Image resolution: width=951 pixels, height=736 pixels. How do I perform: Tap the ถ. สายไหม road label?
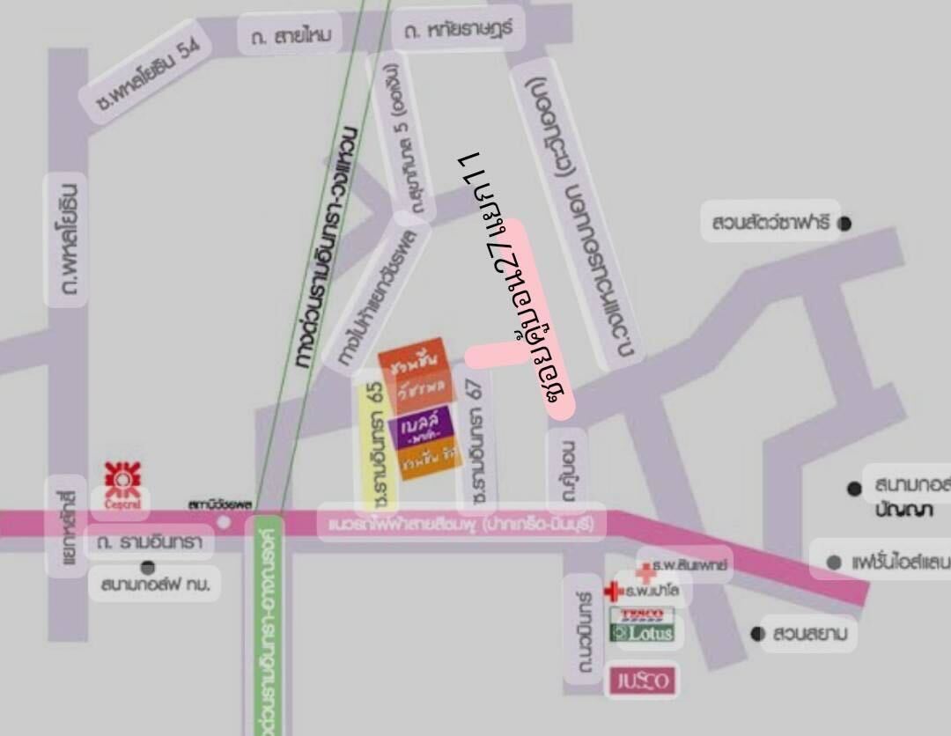[x=290, y=36]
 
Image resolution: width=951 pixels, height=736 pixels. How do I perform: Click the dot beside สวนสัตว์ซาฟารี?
[x=844, y=224]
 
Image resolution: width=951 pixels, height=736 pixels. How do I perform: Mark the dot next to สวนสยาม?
[x=756, y=634]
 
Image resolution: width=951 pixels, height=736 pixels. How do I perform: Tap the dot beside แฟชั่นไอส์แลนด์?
[x=833, y=561]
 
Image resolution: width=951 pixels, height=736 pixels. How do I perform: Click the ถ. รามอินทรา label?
[x=150, y=541]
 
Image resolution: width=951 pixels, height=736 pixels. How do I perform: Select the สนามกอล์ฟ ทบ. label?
[x=155, y=584]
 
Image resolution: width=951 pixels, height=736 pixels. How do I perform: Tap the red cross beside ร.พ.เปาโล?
[x=613, y=591]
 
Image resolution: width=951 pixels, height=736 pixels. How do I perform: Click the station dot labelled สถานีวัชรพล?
[x=225, y=522]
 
